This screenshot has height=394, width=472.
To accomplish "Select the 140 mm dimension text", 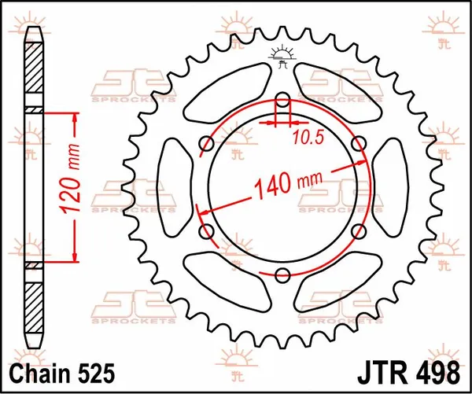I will pyautogui.click(x=282, y=185).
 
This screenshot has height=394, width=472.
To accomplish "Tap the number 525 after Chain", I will pyautogui.click(x=98, y=370).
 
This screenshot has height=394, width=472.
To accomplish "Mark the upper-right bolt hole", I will pyautogui.click(x=359, y=143).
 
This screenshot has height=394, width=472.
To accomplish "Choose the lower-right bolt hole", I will pyautogui.click(x=359, y=230).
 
